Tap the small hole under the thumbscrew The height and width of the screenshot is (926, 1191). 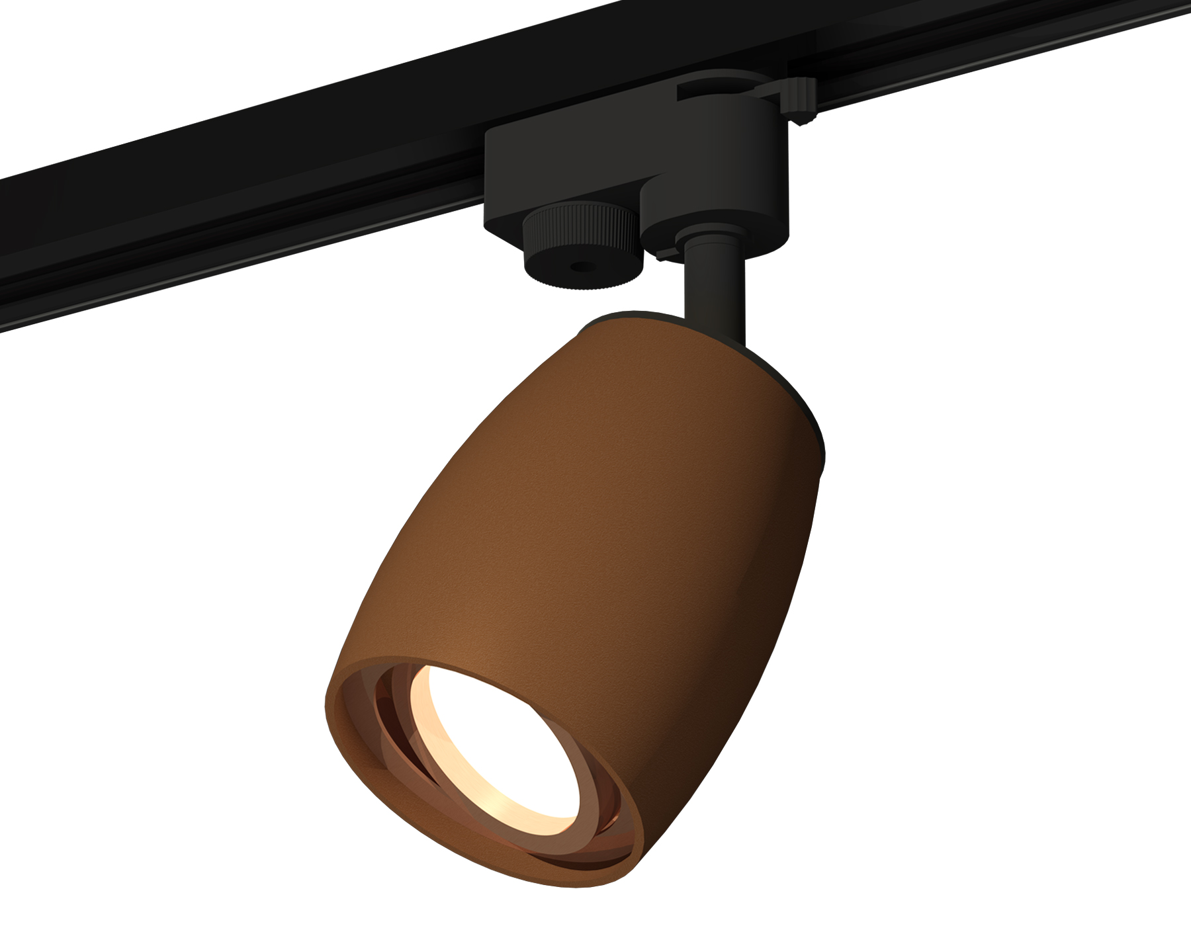tap(580, 269)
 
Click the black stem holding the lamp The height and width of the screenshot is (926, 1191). tap(715, 291)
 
